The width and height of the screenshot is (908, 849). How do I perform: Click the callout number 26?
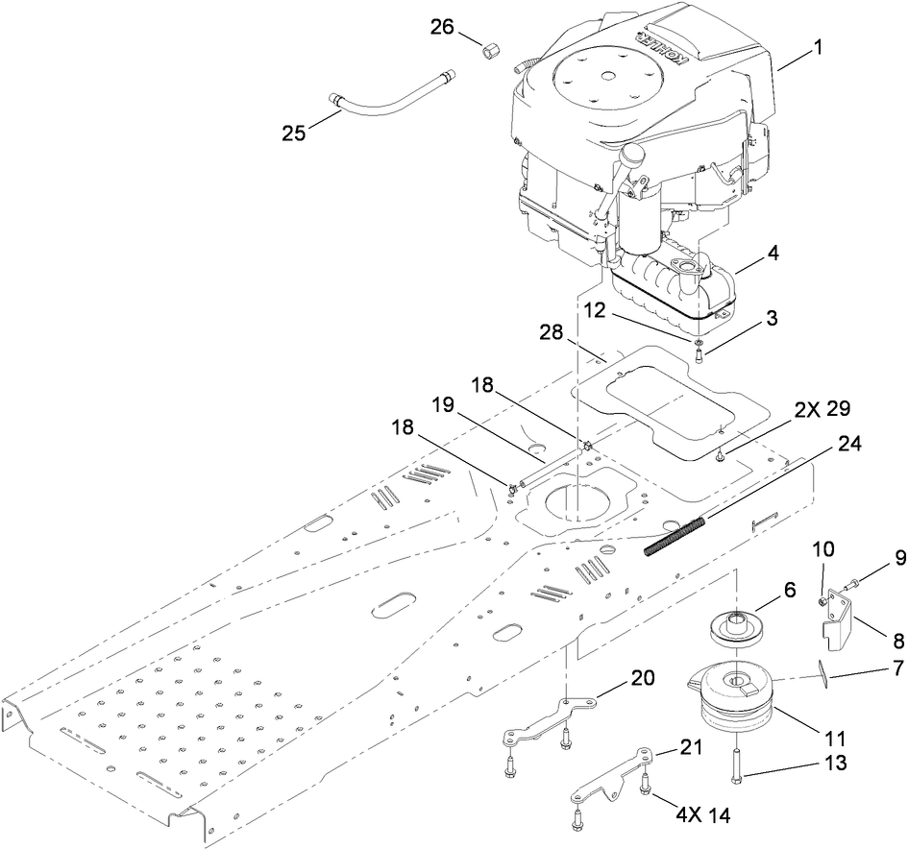[x=443, y=29]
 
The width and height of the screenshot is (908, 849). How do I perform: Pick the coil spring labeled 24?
[x=675, y=535]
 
